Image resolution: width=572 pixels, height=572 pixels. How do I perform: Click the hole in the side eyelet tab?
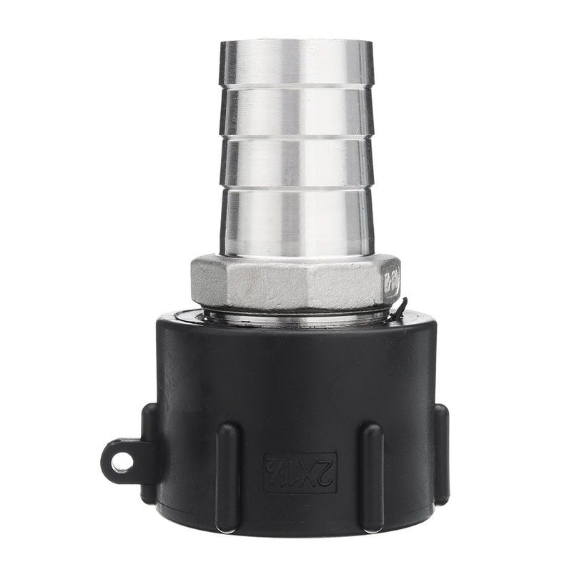(122, 463)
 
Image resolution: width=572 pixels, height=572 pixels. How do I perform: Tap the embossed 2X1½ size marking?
(300, 473)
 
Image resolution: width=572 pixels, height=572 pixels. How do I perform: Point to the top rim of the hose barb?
(297, 43)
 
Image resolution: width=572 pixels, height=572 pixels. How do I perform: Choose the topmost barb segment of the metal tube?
(297, 63)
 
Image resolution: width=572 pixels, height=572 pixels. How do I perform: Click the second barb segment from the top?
(297, 111)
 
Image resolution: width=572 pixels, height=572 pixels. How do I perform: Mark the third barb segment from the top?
(297, 162)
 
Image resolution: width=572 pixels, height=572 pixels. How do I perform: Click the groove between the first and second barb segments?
(297, 87)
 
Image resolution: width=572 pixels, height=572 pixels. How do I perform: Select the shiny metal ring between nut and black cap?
(297, 315)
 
